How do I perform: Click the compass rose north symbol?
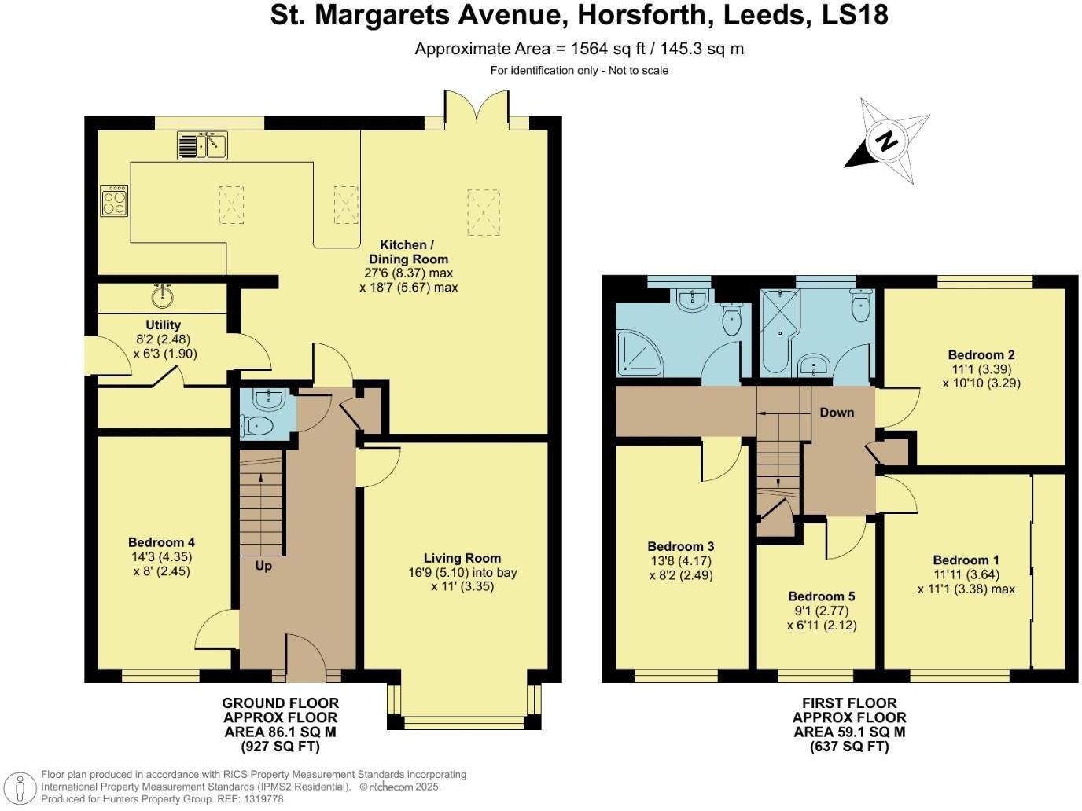(x=887, y=142)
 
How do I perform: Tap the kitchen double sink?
(x=202, y=145)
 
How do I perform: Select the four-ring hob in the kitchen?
(x=114, y=200)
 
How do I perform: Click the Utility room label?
(x=163, y=325)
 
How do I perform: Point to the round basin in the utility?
(x=164, y=296)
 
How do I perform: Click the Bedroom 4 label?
(x=161, y=542)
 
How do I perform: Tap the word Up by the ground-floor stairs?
(x=263, y=566)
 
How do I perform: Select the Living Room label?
(x=462, y=558)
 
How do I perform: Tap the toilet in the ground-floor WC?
(x=259, y=426)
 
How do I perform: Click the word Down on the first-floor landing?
(x=837, y=412)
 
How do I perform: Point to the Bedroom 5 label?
(x=821, y=596)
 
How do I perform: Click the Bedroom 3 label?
(x=680, y=546)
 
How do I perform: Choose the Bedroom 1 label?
(x=966, y=560)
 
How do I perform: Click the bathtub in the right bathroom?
(x=778, y=330)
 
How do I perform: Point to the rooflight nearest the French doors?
(x=484, y=211)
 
